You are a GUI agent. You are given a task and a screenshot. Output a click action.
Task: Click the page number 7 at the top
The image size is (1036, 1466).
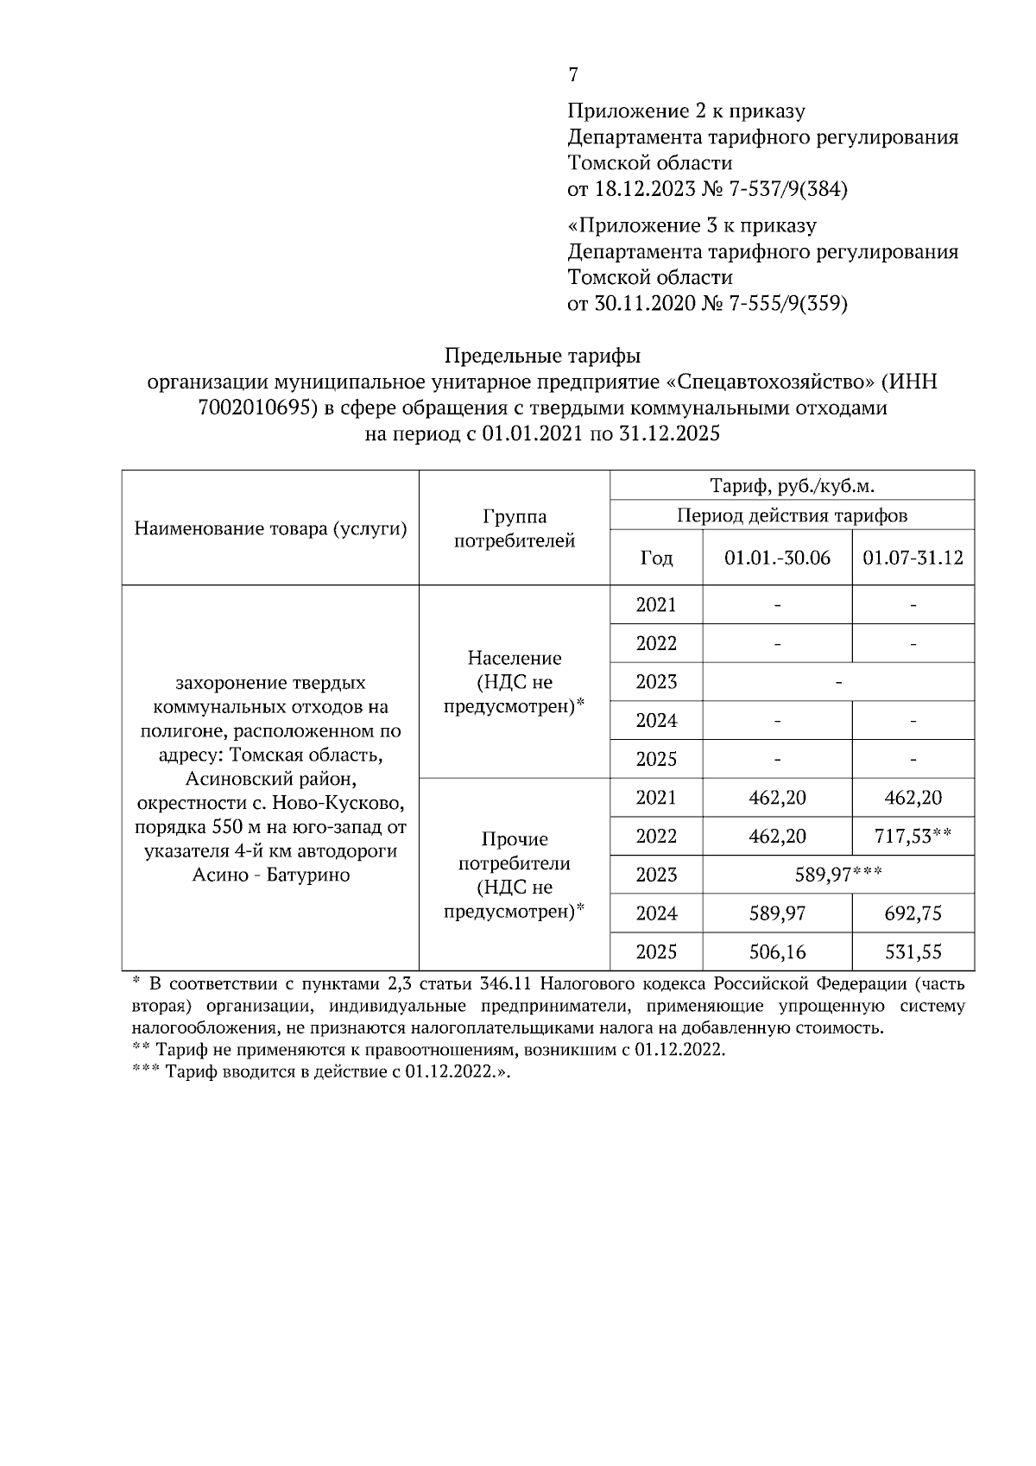pos(573,75)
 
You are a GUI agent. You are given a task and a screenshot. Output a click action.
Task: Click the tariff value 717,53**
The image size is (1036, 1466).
pos(913,837)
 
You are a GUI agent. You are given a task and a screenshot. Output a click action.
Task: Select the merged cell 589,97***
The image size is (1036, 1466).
pos(837,875)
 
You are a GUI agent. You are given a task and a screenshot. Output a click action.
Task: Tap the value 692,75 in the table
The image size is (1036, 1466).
pos(913,913)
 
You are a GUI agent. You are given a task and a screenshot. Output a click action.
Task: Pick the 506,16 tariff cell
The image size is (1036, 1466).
pos(777,952)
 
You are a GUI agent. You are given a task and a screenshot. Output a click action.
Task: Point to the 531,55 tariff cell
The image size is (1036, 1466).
pos(913,952)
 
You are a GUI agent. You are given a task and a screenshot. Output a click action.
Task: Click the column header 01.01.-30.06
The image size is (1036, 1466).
pos(777,558)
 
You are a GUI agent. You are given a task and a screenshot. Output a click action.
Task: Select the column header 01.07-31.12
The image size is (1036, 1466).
pos(913,558)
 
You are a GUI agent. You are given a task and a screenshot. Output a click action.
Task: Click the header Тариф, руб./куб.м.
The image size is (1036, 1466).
pos(792,486)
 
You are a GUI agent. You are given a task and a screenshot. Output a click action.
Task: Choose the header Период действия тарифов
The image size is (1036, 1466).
pos(792,516)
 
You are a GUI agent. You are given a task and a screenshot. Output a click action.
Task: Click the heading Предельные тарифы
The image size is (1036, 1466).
pos(542,356)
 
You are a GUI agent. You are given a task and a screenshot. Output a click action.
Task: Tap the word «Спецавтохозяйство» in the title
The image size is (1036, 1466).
pos(768,382)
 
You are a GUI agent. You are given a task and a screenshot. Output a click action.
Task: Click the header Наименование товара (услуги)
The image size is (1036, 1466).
pos(270,528)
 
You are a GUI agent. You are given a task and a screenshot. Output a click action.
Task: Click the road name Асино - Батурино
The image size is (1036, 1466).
pos(270,875)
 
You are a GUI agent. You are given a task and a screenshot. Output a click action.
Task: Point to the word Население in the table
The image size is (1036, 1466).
pos(515,658)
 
